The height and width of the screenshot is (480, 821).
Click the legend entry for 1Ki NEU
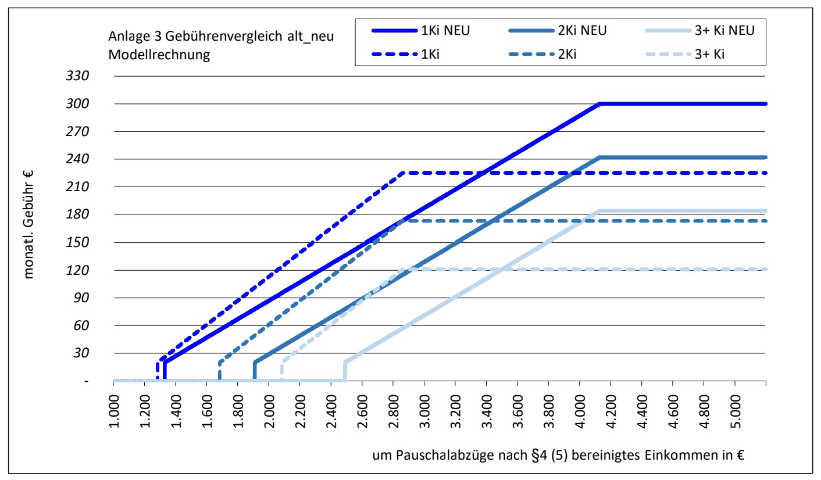[x=421, y=30]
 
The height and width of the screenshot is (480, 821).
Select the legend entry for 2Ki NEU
[x=558, y=30]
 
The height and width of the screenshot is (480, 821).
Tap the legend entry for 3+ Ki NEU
[x=700, y=30]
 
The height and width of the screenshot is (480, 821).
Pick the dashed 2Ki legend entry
[x=542, y=54]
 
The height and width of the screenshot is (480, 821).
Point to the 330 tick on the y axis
[x=77, y=76]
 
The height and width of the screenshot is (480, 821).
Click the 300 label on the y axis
[x=77, y=103]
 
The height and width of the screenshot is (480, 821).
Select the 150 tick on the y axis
[x=77, y=242]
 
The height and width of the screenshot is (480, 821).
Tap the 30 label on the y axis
[x=81, y=353]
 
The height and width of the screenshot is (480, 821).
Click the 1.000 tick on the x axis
[x=115, y=411]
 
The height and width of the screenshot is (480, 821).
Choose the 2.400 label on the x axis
[x=332, y=411]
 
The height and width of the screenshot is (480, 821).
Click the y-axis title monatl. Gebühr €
[x=28, y=225]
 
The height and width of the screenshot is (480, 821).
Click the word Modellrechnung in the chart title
[x=159, y=55]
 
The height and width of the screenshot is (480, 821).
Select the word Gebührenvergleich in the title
[x=224, y=36]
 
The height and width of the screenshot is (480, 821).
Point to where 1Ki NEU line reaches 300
[x=599, y=103]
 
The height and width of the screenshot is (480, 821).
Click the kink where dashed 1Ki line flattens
[x=404, y=173]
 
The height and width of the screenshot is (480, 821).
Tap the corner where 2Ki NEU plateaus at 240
[x=599, y=157]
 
